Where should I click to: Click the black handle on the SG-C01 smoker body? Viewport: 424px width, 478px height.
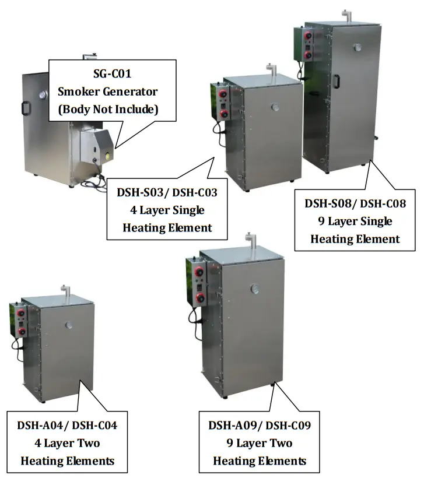pos(26,108)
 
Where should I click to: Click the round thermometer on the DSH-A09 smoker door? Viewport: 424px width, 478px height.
pos(255,289)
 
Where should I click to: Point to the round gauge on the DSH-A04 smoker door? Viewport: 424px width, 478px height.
pos(68,325)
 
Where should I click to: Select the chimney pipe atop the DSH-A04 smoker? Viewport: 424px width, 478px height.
pos(64,290)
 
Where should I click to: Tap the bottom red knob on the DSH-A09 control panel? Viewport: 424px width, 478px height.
pos(201,298)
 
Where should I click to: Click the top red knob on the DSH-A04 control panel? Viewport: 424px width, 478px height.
pos(21,313)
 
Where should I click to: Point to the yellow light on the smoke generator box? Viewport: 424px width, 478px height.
pos(108,156)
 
